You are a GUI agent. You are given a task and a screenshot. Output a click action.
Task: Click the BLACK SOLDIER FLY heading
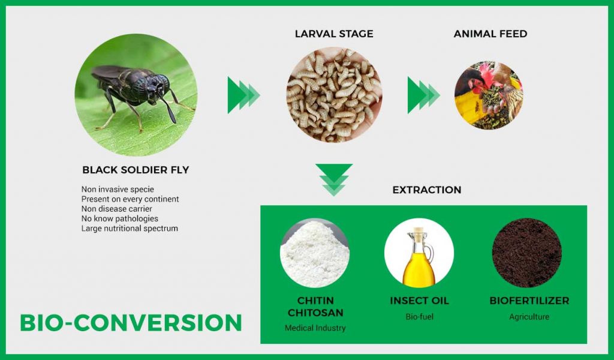click(x=136, y=170)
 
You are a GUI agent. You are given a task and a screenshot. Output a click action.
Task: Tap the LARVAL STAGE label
click(x=334, y=34)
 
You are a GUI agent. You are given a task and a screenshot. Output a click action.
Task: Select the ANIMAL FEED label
click(x=490, y=34)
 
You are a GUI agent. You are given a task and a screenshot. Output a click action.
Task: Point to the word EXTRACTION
click(x=427, y=190)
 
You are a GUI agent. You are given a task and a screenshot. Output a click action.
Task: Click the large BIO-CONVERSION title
click(x=131, y=323)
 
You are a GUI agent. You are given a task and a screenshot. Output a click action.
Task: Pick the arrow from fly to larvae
click(x=243, y=95)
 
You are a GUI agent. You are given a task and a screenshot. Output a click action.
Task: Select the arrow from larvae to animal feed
click(x=424, y=95)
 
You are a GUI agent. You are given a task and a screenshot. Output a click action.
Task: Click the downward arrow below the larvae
click(x=334, y=179)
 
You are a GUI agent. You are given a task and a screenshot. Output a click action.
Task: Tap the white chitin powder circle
click(x=315, y=253)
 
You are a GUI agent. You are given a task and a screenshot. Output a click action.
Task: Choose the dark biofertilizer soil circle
click(x=526, y=253)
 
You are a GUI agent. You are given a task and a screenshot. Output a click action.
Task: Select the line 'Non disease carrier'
click(x=117, y=209)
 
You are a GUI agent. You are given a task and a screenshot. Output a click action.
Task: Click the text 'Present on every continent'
click(x=130, y=199)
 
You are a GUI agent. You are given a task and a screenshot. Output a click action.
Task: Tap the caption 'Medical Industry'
click(x=315, y=328)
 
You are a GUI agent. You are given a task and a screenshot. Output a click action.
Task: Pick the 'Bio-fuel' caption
click(x=419, y=317)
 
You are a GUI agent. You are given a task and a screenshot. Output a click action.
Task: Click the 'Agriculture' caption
click(x=529, y=317)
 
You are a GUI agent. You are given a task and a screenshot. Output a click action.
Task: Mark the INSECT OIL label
click(x=419, y=301)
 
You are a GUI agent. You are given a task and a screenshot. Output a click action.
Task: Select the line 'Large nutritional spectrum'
click(x=130, y=229)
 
